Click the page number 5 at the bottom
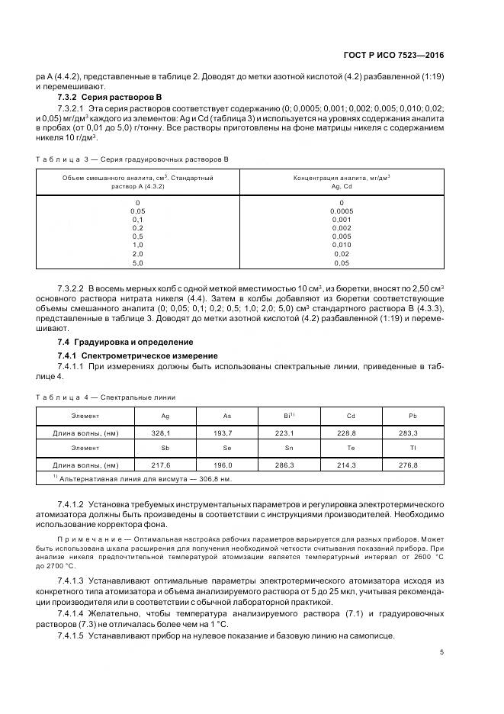442,651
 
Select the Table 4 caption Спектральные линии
106,397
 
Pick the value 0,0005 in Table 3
342,211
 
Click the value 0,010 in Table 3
342,245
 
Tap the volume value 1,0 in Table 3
137,245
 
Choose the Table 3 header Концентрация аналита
342,177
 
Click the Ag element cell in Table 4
165,416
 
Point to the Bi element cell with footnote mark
290,416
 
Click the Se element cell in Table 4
227,449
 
